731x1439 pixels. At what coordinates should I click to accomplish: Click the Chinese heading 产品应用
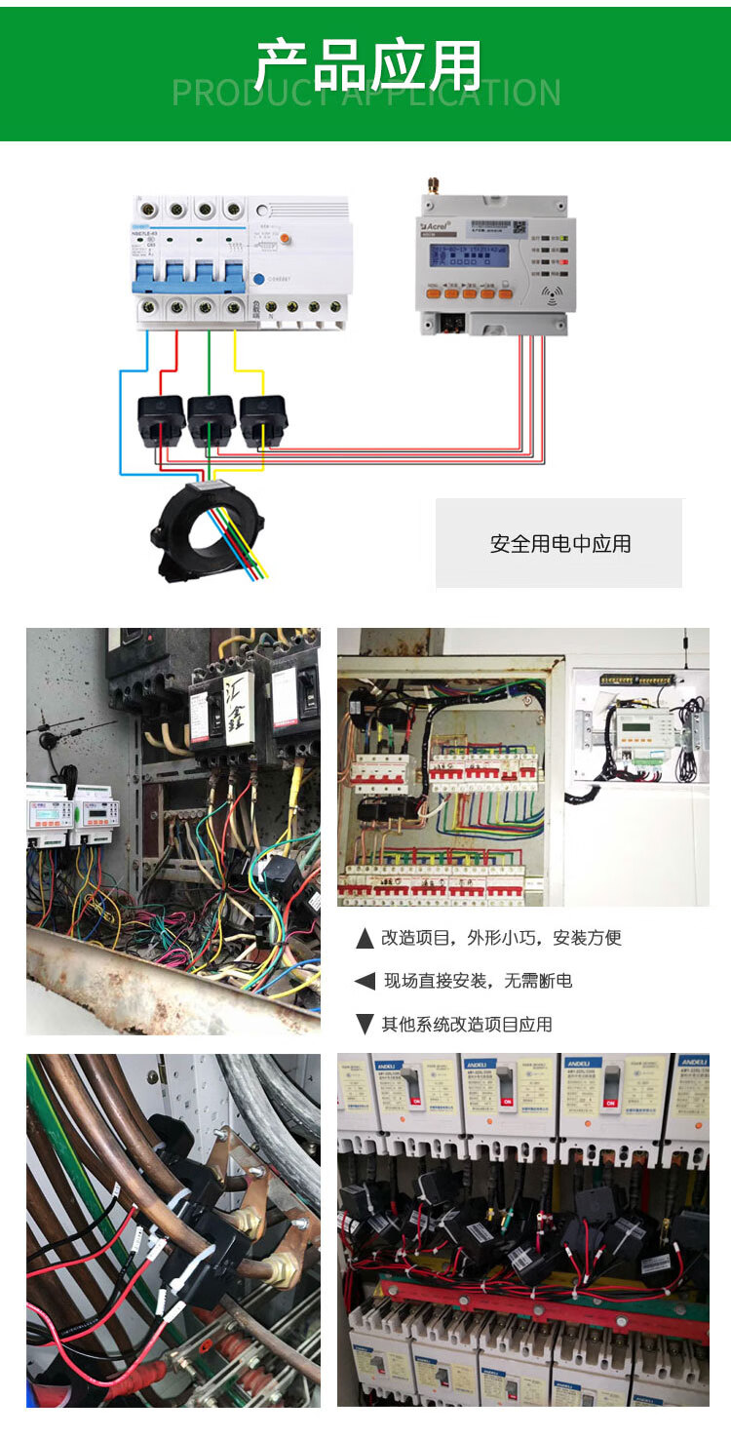pyautogui.click(x=368, y=65)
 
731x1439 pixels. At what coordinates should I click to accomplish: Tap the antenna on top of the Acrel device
pyautogui.click(x=430, y=185)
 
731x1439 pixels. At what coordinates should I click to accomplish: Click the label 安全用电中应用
pyautogui.click(x=559, y=544)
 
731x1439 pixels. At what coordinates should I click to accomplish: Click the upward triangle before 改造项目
pyautogui.click(x=365, y=939)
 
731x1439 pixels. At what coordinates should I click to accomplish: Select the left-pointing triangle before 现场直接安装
pyautogui.click(x=365, y=982)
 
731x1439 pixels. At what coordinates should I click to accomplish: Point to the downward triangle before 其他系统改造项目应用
pyautogui.click(x=365, y=1024)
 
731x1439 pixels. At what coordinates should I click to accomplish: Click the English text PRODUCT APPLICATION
pyautogui.click(x=365, y=94)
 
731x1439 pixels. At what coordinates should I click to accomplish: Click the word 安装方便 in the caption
pyautogui.click(x=587, y=939)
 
